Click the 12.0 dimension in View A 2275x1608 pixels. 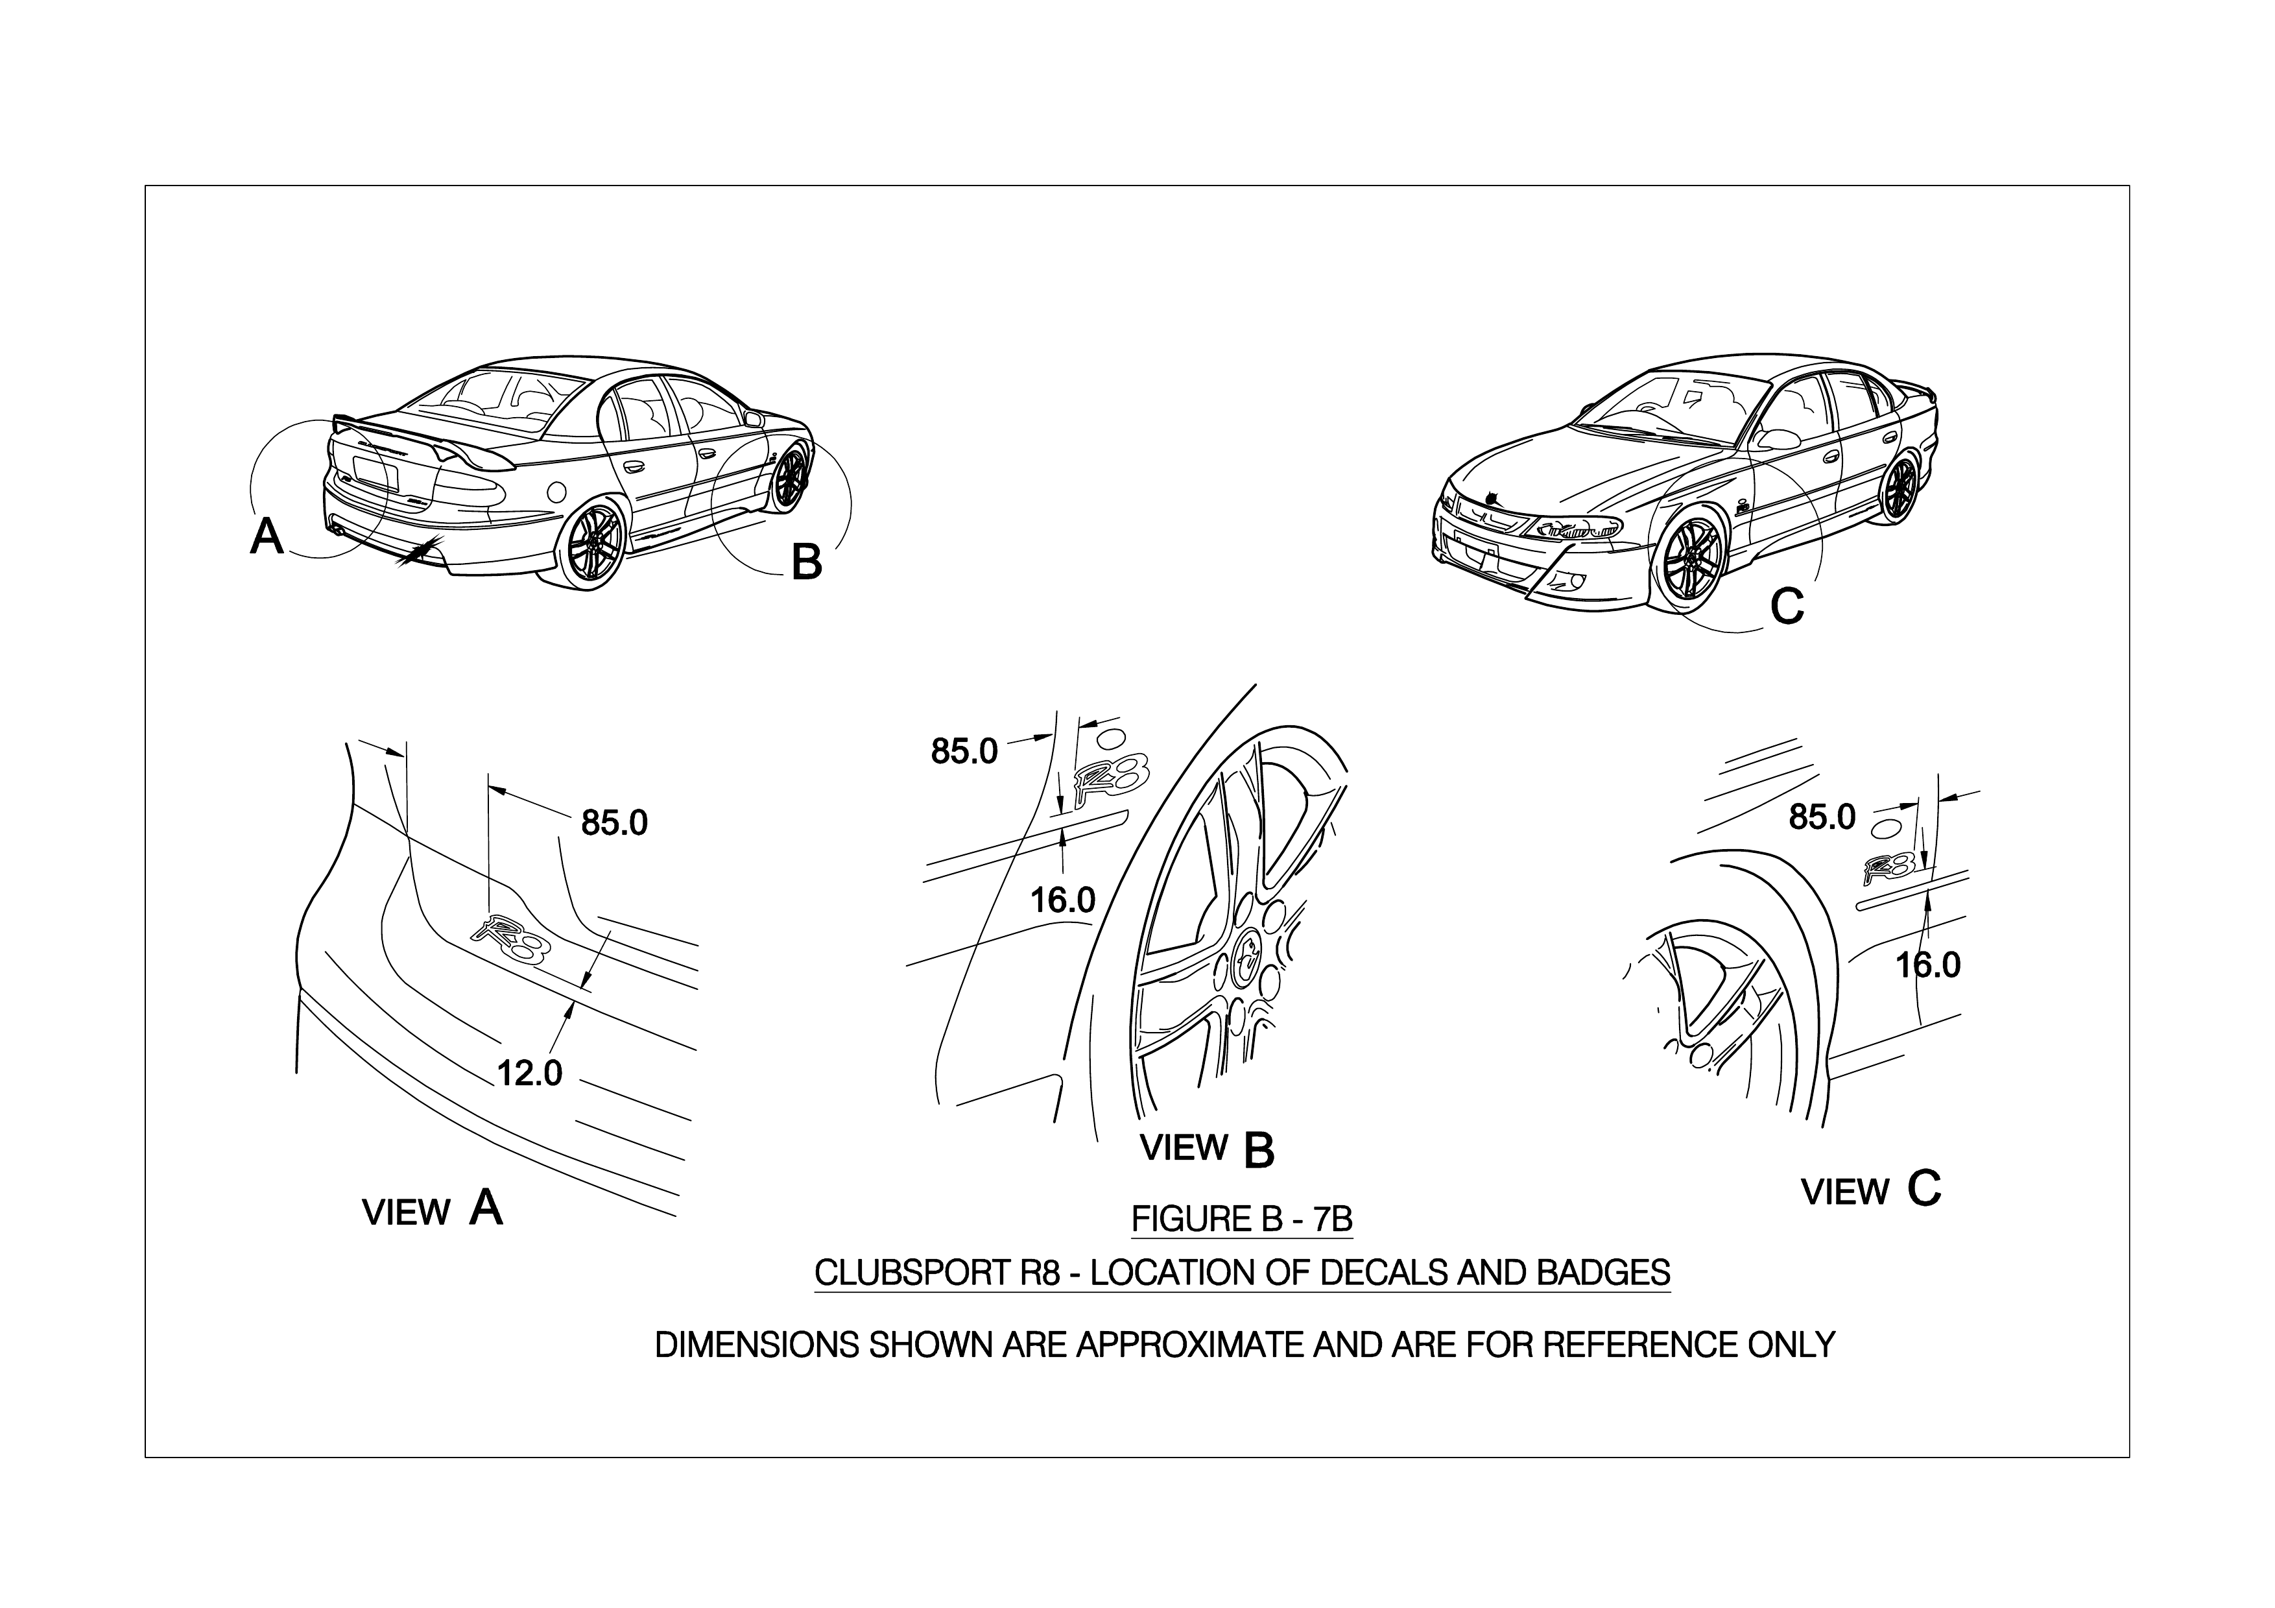529,1073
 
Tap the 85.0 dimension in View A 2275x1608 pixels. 614,822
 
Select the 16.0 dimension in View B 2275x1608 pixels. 1062,900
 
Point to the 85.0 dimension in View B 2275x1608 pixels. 964,752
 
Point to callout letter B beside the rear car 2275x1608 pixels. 807,563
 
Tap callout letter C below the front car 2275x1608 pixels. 1787,606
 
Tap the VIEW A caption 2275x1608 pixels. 432,1210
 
